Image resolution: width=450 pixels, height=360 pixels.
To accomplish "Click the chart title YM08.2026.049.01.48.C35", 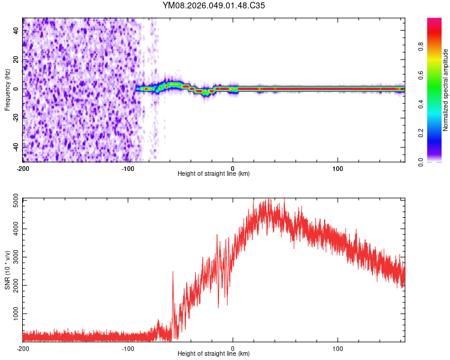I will click(x=214, y=5).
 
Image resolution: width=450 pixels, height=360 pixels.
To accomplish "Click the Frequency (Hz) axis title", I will click(x=7, y=89).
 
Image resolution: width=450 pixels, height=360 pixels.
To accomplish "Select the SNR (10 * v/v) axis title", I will click(x=7, y=269).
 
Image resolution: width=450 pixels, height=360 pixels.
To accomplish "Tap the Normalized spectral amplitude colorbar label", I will click(x=445, y=90).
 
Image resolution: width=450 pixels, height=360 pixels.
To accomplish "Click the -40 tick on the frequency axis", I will click(x=16, y=146).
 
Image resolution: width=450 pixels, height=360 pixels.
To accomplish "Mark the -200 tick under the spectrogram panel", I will click(x=23, y=168).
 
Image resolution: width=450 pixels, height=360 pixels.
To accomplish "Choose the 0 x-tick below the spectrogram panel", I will click(x=233, y=168).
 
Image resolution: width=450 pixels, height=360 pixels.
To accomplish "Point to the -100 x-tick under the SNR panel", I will click(x=128, y=348).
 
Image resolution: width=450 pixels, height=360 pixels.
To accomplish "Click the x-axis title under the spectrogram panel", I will click(x=214, y=174).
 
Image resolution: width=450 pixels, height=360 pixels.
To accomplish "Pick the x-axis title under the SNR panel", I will click(x=214, y=354).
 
